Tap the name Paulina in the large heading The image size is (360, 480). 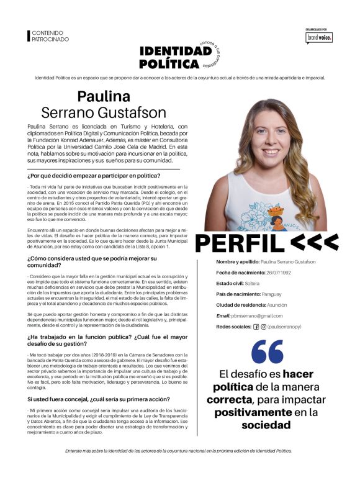[x=104, y=96]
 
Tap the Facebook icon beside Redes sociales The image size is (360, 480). [x=256, y=327]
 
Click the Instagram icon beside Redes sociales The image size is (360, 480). [x=263, y=327]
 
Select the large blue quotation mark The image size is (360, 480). [x=268, y=351]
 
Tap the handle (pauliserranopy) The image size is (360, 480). [x=287, y=327]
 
